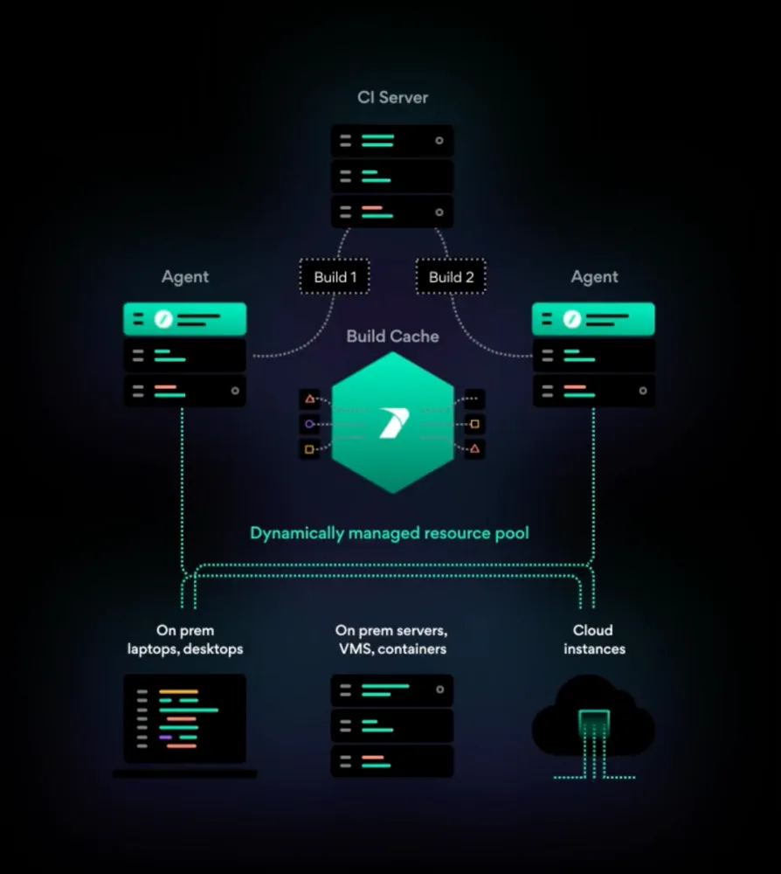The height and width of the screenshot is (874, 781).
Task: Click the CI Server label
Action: click(x=392, y=97)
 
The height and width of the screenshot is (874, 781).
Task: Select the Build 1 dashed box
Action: click(x=335, y=277)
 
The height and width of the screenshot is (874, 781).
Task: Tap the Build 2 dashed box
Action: click(x=451, y=277)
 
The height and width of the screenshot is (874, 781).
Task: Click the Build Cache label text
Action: click(x=392, y=336)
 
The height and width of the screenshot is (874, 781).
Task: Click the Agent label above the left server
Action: click(x=185, y=277)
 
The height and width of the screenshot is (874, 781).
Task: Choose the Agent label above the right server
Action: click(x=594, y=277)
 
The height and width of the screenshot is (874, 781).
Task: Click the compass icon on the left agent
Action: click(x=162, y=319)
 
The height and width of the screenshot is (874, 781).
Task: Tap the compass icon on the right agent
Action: click(x=572, y=319)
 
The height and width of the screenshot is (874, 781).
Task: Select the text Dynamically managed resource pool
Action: click(x=390, y=532)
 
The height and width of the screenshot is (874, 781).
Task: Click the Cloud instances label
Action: click(x=593, y=640)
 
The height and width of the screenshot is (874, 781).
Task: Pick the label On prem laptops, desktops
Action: click(x=185, y=640)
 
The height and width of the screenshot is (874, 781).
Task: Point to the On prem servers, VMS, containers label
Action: click(x=391, y=640)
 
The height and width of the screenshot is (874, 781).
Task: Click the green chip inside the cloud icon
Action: click(x=593, y=721)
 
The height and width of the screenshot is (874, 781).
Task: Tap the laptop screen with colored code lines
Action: click(x=184, y=718)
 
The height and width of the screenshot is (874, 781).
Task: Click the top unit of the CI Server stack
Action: click(x=392, y=140)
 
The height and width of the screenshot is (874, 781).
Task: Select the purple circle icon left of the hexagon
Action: click(x=308, y=425)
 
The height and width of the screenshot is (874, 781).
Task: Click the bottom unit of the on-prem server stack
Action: click(x=392, y=760)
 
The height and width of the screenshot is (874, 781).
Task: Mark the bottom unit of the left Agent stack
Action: click(x=184, y=390)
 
